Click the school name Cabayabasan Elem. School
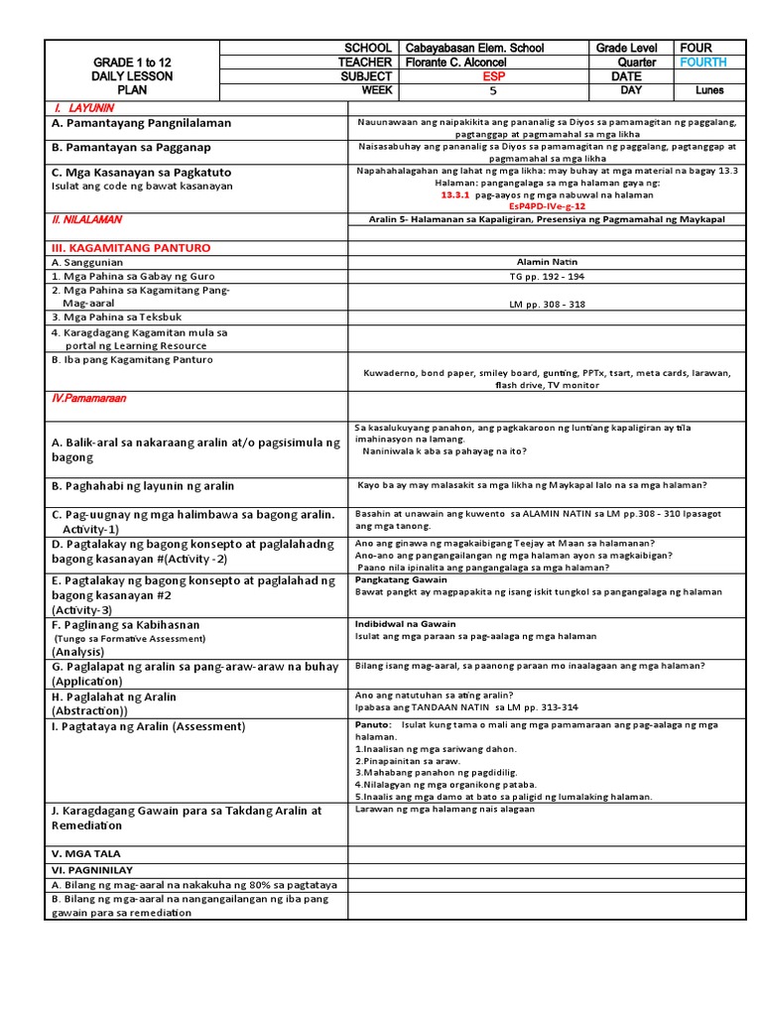(474, 48)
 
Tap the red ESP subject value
(493, 75)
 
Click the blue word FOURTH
(702, 62)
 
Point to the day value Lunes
(709, 90)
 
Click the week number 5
(493, 90)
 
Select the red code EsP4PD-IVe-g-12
(547, 206)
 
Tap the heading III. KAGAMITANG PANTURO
(130, 247)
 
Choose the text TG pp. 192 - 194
(547, 277)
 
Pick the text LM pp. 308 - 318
(547, 306)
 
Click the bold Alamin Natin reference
(547, 262)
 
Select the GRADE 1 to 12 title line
(131, 62)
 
